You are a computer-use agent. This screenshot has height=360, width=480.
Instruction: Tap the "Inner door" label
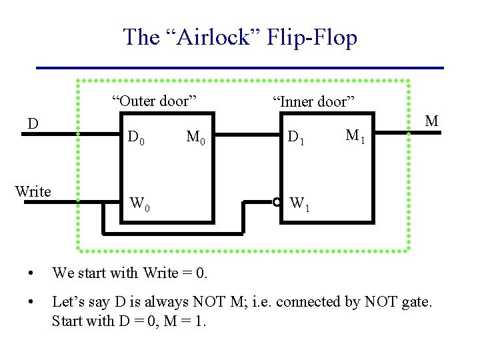[312, 102]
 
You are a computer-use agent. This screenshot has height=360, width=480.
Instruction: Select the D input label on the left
[32, 124]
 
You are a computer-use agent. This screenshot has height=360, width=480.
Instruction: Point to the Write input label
[33, 192]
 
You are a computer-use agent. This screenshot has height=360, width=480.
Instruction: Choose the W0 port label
[139, 203]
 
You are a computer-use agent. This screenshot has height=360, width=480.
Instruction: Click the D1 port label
[295, 138]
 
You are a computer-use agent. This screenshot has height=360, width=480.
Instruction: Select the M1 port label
[355, 136]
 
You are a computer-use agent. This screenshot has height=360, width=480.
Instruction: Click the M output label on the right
[431, 121]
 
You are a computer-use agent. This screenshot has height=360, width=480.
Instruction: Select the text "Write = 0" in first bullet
[176, 273]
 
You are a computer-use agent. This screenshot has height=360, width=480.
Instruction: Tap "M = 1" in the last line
[183, 321]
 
